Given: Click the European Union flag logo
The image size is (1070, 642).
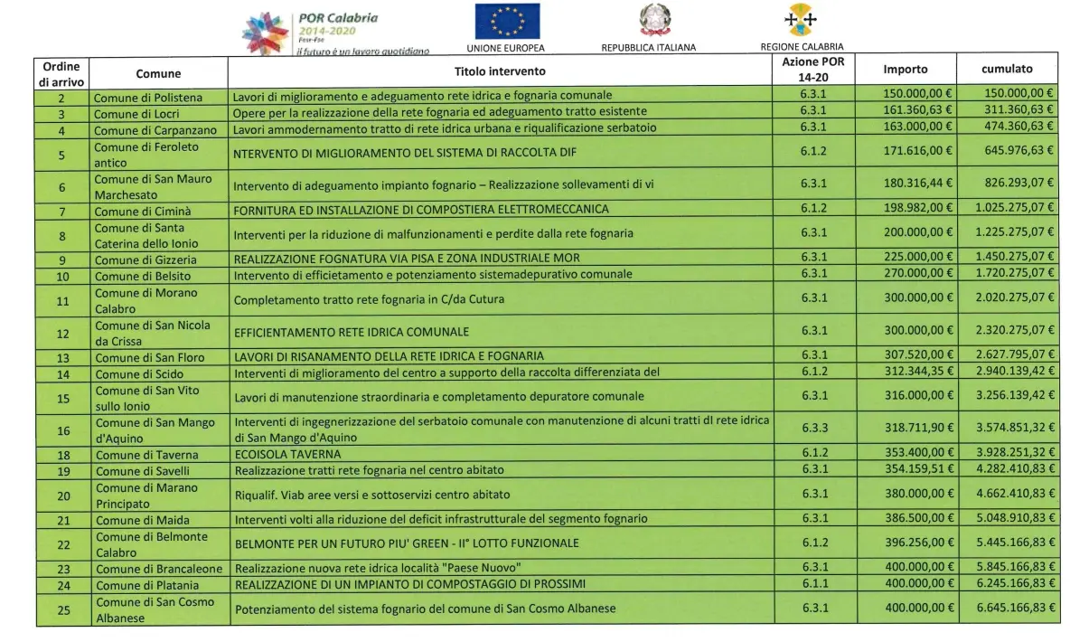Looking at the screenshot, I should tap(507, 22).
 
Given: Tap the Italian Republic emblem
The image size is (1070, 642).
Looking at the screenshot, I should tap(649, 21).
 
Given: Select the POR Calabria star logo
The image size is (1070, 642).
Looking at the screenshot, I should tap(267, 33).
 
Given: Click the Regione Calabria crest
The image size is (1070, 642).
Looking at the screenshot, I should tap(802, 19).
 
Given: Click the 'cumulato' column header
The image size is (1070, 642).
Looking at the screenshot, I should tap(1007, 70).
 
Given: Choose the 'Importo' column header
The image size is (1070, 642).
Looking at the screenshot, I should tap(905, 70).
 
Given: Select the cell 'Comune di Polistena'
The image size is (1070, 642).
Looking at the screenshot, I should tap(149, 96).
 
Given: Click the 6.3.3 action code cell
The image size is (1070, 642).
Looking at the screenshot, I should tap(814, 430).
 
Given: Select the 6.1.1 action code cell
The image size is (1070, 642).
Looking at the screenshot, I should tap(814, 584).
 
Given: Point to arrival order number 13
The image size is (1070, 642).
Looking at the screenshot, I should tap(62, 357).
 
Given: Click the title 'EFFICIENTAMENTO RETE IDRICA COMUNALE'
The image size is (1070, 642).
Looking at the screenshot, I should tap(352, 332).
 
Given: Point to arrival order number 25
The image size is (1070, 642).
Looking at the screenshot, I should tap(62, 609).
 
